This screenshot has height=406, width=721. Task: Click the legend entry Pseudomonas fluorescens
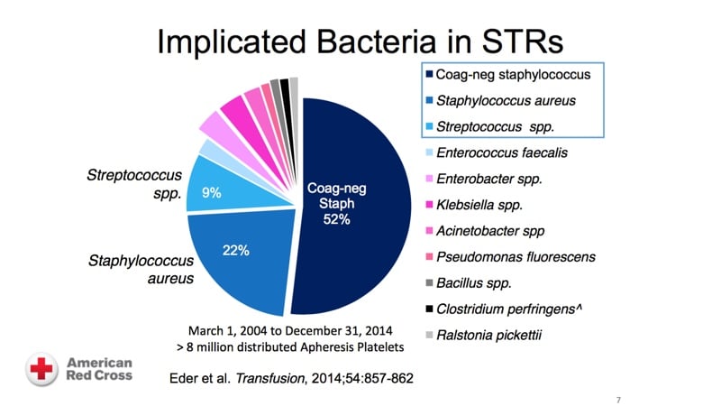pyautogui.click(x=515, y=257)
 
